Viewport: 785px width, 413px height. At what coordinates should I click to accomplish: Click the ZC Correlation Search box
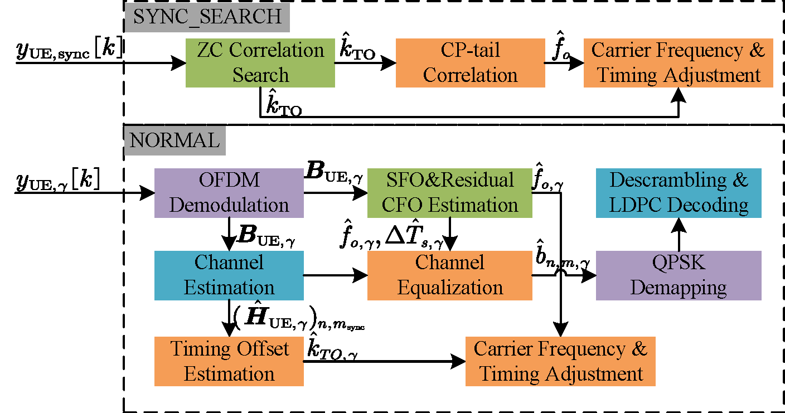click(260, 62)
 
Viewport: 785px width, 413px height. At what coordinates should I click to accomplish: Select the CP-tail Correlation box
click(470, 62)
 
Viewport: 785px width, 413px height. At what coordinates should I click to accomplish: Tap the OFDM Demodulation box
click(229, 193)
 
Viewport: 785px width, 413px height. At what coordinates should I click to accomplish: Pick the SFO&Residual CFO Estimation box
click(449, 193)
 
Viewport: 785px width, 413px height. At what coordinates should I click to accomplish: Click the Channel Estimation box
click(229, 275)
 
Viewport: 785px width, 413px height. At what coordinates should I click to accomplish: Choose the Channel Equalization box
click(449, 275)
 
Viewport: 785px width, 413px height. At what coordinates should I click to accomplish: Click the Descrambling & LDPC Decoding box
click(679, 193)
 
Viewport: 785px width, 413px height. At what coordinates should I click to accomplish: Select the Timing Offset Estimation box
click(229, 361)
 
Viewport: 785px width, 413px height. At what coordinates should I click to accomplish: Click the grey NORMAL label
click(174, 140)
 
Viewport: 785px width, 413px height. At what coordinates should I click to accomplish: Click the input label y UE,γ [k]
click(59, 181)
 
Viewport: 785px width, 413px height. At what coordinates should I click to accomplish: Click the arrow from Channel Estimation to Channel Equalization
click(335, 275)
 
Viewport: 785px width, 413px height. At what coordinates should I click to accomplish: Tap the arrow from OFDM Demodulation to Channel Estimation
click(229, 234)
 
